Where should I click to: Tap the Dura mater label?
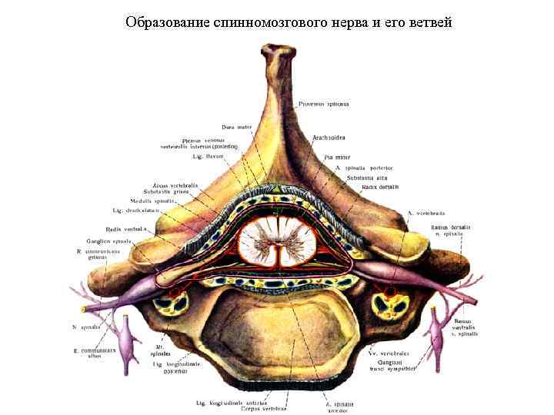pos(236,127)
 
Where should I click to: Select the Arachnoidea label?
pos(329,138)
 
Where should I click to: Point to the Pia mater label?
pos(327,157)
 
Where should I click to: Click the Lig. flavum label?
pos(208,156)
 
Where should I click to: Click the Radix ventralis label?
pos(125,228)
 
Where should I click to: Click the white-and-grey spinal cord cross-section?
pos(279,241)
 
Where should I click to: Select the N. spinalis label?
pos(86,327)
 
